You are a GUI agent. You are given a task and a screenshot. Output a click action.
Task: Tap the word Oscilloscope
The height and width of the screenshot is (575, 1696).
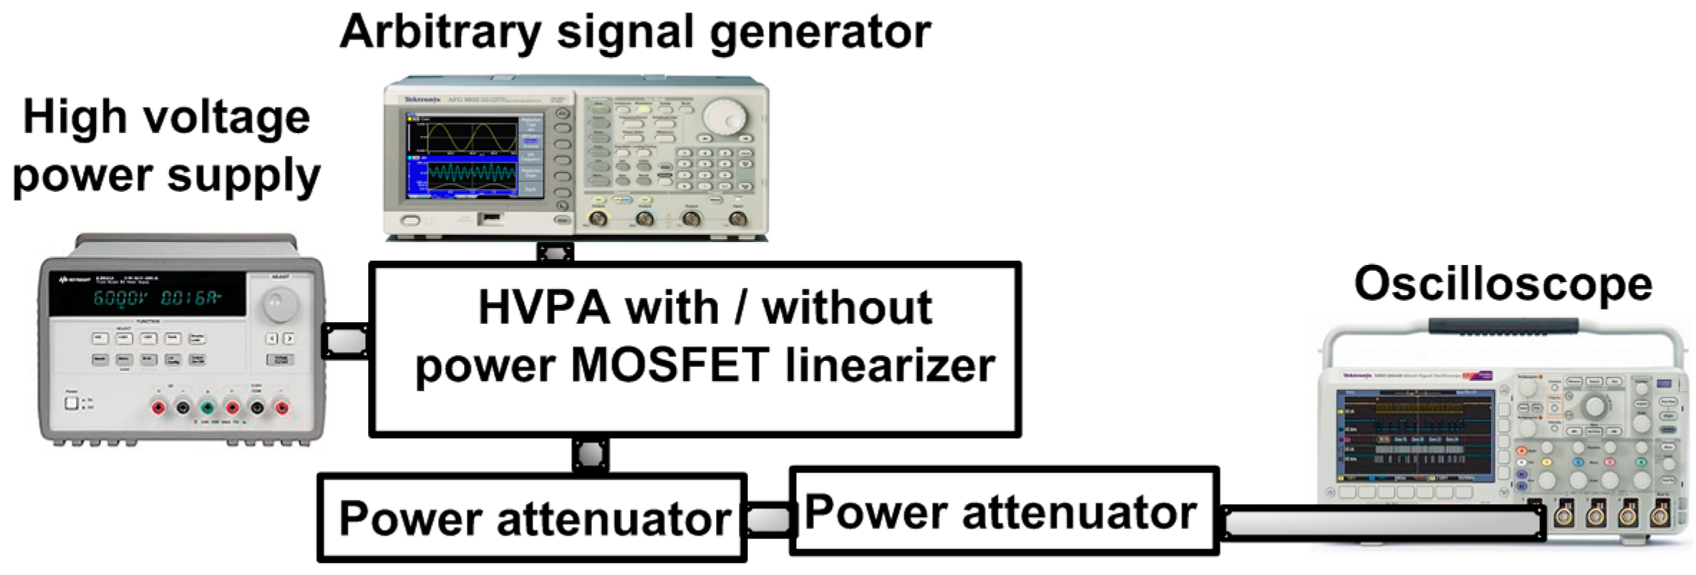pyautogui.click(x=1503, y=285)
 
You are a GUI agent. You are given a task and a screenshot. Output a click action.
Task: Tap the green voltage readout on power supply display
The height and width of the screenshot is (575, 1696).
pyautogui.click(x=120, y=298)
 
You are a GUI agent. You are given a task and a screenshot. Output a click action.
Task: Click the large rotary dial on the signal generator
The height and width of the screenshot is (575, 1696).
pyautogui.click(x=724, y=115)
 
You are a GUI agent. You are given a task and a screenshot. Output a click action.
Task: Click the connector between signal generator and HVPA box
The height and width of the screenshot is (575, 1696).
pyautogui.click(x=555, y=253)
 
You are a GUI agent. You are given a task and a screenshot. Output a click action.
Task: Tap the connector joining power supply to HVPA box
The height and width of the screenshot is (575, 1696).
pyautogui.click(x=346, y=342)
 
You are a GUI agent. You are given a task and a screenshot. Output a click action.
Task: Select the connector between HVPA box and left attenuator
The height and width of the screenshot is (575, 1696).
pyautogui.click(x=591, y=455)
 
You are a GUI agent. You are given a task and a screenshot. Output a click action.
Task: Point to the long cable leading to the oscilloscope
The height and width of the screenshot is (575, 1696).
pyautogui.click(x=1382, y=523)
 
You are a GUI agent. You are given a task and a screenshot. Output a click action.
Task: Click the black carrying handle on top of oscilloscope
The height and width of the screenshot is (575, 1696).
pyautogui.click(x=1503, y=326)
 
